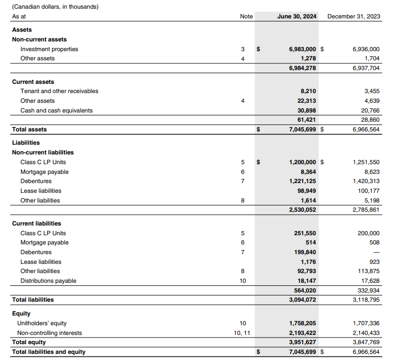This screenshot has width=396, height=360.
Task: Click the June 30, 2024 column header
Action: point(297,16)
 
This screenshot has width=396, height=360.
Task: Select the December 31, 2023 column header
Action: point(354,16)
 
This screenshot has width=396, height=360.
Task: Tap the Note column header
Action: point(246,16)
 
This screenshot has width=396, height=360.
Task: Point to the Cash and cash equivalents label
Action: point(56,110)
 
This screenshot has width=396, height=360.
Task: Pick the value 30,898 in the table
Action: point(307,110)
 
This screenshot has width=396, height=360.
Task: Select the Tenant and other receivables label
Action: point(59,91)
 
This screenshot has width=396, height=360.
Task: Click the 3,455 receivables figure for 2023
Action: point(371,91)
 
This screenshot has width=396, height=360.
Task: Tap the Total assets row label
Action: point(29,129)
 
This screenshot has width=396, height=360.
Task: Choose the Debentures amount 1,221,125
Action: point(303,181)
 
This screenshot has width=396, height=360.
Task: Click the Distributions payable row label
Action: point(48,281)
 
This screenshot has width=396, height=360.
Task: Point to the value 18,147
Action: point(307,281)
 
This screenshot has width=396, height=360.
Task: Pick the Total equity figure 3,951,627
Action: point(303,342)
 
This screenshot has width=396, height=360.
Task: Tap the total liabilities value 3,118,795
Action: point(366,300)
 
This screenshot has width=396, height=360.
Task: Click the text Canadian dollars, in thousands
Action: point(55,7)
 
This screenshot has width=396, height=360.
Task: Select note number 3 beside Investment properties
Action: point(243,49)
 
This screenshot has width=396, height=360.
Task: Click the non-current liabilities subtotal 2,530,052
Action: point(303,210)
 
